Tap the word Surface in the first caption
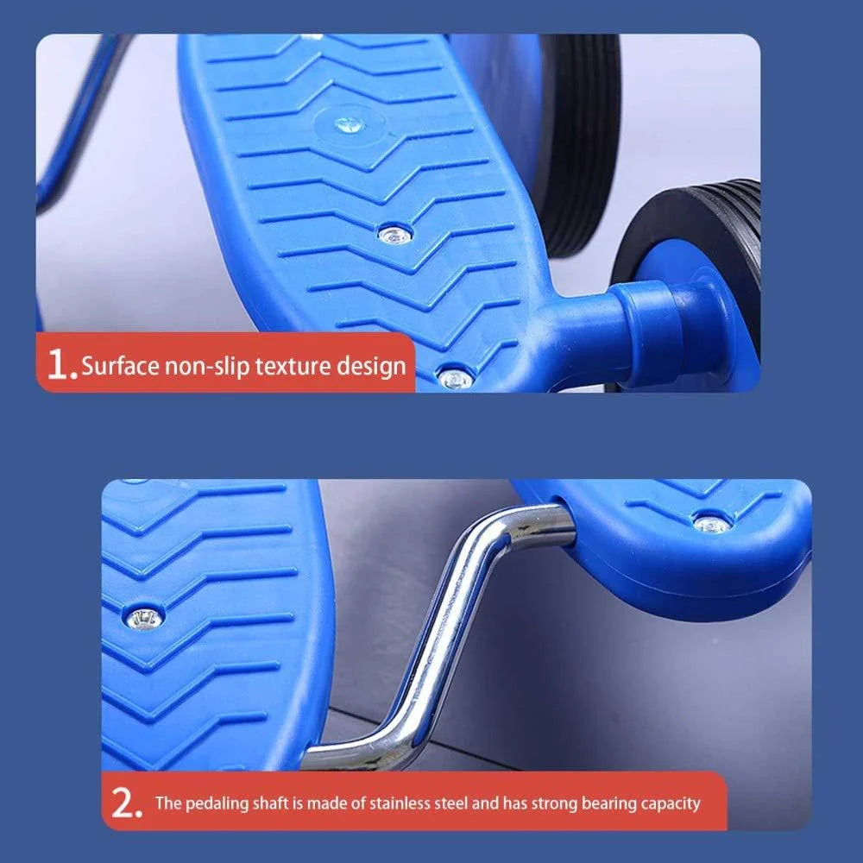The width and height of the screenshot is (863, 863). tap(120, 365)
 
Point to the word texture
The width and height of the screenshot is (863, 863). tap(293, 366)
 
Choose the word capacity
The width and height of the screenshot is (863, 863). tap(671, 804)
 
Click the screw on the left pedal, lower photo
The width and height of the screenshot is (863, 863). tap(144, 619)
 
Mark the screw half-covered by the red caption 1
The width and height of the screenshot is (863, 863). tap(455, 378)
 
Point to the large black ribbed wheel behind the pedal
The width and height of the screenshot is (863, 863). tap(578, 143)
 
